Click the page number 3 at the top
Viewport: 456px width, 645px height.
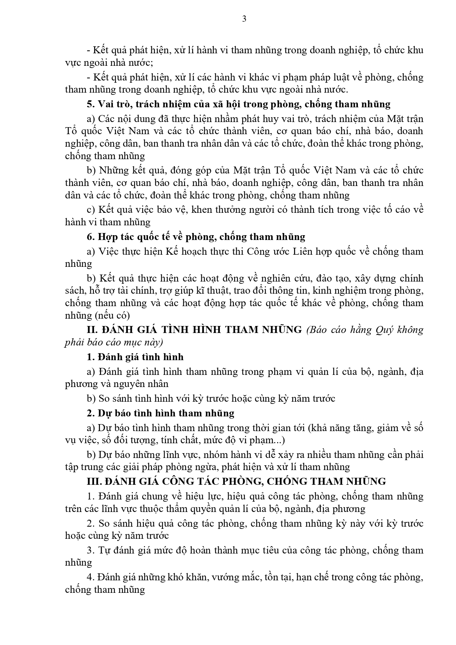pyautogui.click(x=244, y=19)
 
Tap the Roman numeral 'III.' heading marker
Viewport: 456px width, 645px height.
pyautogui.click(x=94, y=481)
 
